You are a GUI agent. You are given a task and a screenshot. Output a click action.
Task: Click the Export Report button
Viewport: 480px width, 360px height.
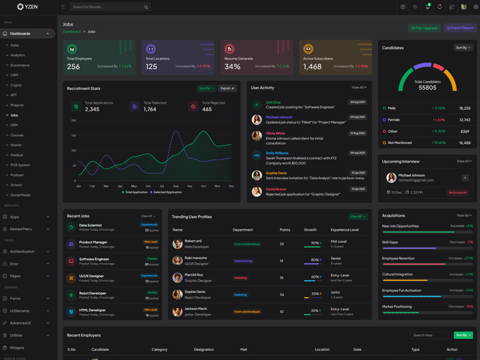pyautogui.click(x=460, y=28)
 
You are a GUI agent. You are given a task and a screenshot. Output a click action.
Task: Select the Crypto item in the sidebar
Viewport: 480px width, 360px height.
pyautogui.click(x=16, y=85)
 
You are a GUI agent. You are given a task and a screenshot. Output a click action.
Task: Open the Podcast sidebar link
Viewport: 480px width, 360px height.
pyautogui.click(x=17, y=175)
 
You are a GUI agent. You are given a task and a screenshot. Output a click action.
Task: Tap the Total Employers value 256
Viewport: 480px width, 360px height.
pyautogui.click(x=73, y=67)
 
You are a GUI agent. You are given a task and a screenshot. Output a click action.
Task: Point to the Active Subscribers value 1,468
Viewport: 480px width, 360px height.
pyautogui.click(x=312, y=67)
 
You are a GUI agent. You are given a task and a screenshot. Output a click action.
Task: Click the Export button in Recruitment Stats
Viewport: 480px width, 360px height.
pyautogui.click(x=227, y=88)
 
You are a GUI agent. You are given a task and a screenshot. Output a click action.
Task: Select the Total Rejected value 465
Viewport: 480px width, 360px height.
pyautogui.click(x=207, y=109)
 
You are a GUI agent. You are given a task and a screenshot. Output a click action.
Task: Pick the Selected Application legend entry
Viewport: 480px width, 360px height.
pyautogui.click(x=167, y=192)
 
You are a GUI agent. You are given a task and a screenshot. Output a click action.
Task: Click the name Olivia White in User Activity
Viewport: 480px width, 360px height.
pyautogui.click(x=275, y=133)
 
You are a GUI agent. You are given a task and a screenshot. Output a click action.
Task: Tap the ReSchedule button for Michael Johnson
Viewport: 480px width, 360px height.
pyautogui.click(x=457, y=193)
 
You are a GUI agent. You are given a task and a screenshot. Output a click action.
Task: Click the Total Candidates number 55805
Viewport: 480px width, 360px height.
pyautogui.click(x=427, y=88)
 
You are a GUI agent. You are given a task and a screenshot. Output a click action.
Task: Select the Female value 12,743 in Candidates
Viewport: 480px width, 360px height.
pyautogui.click(x=464, y=119)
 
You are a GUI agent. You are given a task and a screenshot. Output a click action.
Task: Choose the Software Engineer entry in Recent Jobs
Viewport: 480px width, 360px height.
pyautogui.click(x=94, y=259)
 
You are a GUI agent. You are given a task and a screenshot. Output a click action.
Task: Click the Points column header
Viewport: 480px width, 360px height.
pyautogui.click(x=284, y=230)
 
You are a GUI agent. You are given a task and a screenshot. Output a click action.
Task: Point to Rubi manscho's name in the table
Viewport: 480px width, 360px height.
pyautogui.click(x=195, y=258)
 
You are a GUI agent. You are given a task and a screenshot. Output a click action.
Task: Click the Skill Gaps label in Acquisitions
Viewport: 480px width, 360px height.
pyautogui.click(x=390, y=242)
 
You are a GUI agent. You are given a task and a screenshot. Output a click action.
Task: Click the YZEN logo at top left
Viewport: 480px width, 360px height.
pyautogui.click(x=28, y=7)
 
